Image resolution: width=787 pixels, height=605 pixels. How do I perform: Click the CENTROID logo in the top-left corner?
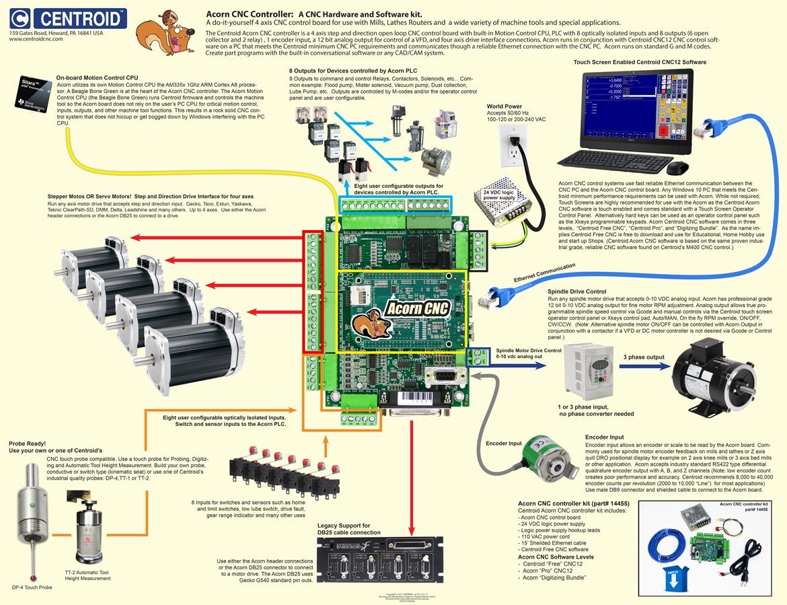(x=68, y=17)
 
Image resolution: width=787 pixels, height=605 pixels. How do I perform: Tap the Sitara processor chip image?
(x=32, y=96)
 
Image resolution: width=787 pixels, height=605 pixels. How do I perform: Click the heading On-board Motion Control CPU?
(x=102, y=77)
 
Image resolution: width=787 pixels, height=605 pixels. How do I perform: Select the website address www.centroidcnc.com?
(x=36, y=40)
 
